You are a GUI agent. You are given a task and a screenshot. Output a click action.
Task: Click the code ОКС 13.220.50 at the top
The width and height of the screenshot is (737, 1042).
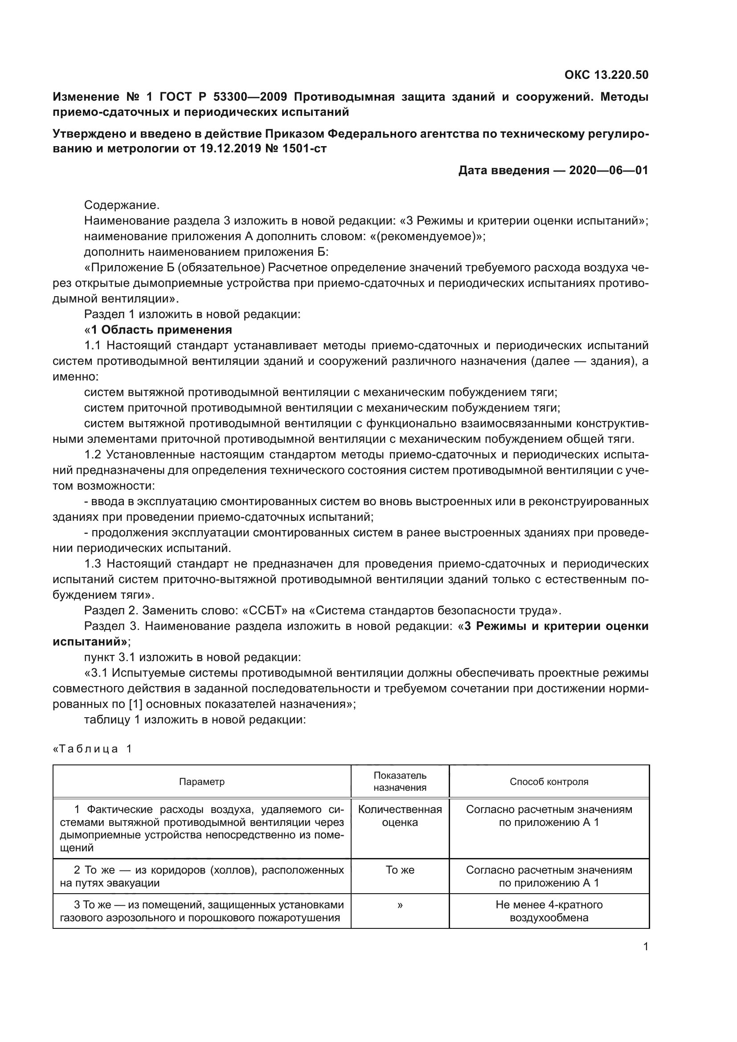606,75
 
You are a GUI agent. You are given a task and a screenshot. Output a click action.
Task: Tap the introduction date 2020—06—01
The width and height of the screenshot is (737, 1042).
608,171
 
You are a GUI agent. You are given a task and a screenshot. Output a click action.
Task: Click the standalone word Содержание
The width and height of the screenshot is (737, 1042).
122,205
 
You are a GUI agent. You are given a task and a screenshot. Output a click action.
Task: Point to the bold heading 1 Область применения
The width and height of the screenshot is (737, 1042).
161,330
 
